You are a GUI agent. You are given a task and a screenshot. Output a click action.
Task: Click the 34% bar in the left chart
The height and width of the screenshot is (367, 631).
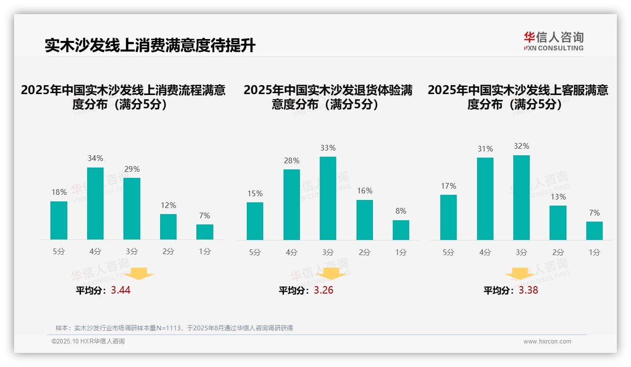[x=95, y=203]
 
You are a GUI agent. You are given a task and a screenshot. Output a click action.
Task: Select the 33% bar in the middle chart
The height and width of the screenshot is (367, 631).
[x=328, y=198]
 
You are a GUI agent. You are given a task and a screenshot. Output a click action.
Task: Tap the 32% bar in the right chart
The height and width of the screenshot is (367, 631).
[x=521, y=198]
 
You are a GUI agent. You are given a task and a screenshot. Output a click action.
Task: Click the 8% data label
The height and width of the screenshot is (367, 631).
[x=401, y=211]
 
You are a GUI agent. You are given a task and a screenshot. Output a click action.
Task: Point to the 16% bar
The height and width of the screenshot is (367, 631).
[x=364, y=220]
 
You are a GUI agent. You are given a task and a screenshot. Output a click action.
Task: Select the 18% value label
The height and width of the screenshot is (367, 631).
[x=58, y=192]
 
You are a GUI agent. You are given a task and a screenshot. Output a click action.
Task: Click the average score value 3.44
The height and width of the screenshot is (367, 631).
[x=121, y=290]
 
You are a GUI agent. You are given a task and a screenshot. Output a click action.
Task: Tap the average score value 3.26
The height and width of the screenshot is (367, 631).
[x=324, y=290]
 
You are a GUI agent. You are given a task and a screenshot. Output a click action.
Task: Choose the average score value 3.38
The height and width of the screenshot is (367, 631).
[x=528, y=290]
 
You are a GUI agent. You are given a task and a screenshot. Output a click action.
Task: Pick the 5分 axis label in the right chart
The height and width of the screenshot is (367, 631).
[x=448, y=252]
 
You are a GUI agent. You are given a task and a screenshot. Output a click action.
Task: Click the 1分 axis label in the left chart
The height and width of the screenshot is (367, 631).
[x=204, y=252]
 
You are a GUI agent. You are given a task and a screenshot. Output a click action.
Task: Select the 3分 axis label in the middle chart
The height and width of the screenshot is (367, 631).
[x=328, y=252]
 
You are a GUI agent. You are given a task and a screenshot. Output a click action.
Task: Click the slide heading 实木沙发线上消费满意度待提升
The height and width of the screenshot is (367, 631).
[x=150, y=46]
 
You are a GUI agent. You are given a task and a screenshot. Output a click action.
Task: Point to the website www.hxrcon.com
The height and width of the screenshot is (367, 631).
[x=547, y=342]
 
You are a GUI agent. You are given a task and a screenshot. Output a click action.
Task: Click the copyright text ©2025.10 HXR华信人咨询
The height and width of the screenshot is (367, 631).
[x=88, y=342]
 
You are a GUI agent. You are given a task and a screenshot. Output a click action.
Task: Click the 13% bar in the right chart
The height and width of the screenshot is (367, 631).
[x=558, y=223]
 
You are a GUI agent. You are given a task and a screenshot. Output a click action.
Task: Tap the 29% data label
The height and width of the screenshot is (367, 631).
[x=132, y=169]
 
